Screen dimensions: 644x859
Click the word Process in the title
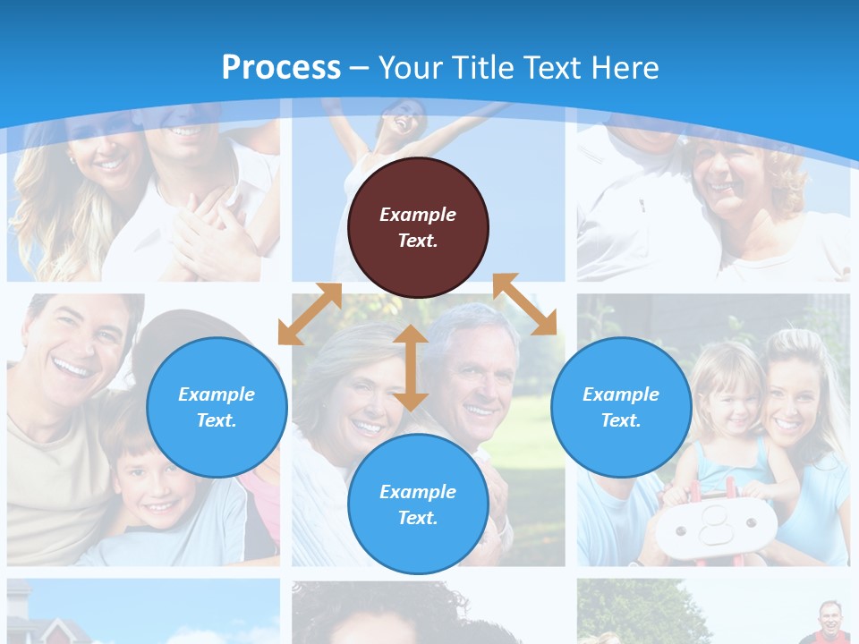(281, 68)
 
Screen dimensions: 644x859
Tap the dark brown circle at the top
(418, 227)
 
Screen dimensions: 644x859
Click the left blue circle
(217, 407)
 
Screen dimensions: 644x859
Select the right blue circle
(621, 407)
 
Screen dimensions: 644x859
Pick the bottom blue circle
(418, 504)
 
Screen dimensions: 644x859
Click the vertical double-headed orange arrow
(410, 368)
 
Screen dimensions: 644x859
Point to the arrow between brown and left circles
(310, 314)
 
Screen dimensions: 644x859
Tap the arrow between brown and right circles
(524, 304)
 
